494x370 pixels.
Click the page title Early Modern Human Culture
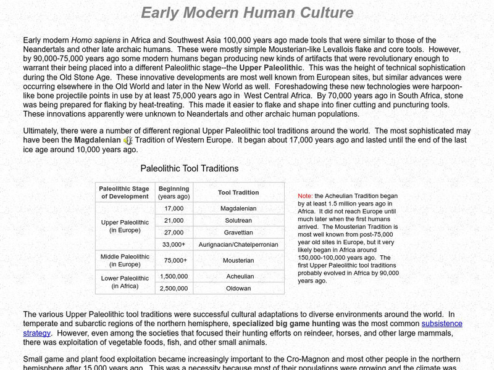pos(247,12)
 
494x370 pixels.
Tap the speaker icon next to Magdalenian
pos(128,141)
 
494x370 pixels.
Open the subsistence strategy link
pos(442,324)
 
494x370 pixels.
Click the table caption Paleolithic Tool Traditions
pos(189,168)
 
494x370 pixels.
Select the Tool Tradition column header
pos(238,192)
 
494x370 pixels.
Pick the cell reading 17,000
pos(174,208)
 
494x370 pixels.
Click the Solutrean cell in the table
pos(238,220)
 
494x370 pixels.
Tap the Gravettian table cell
pos(238,232)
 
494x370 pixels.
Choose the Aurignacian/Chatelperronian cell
pos(238,244)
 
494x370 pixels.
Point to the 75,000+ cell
pos(174,260)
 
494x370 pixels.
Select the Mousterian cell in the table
pos(238,260)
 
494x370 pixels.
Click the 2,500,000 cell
pos(174,288)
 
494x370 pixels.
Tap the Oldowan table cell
pos(238,288)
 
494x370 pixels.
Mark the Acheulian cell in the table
pos(238,276)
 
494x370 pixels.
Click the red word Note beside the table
pos(305,195)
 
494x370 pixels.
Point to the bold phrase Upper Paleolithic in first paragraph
pos(271,67)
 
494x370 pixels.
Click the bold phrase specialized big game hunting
pos(286,324)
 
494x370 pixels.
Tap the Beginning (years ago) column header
pos(174,192)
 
